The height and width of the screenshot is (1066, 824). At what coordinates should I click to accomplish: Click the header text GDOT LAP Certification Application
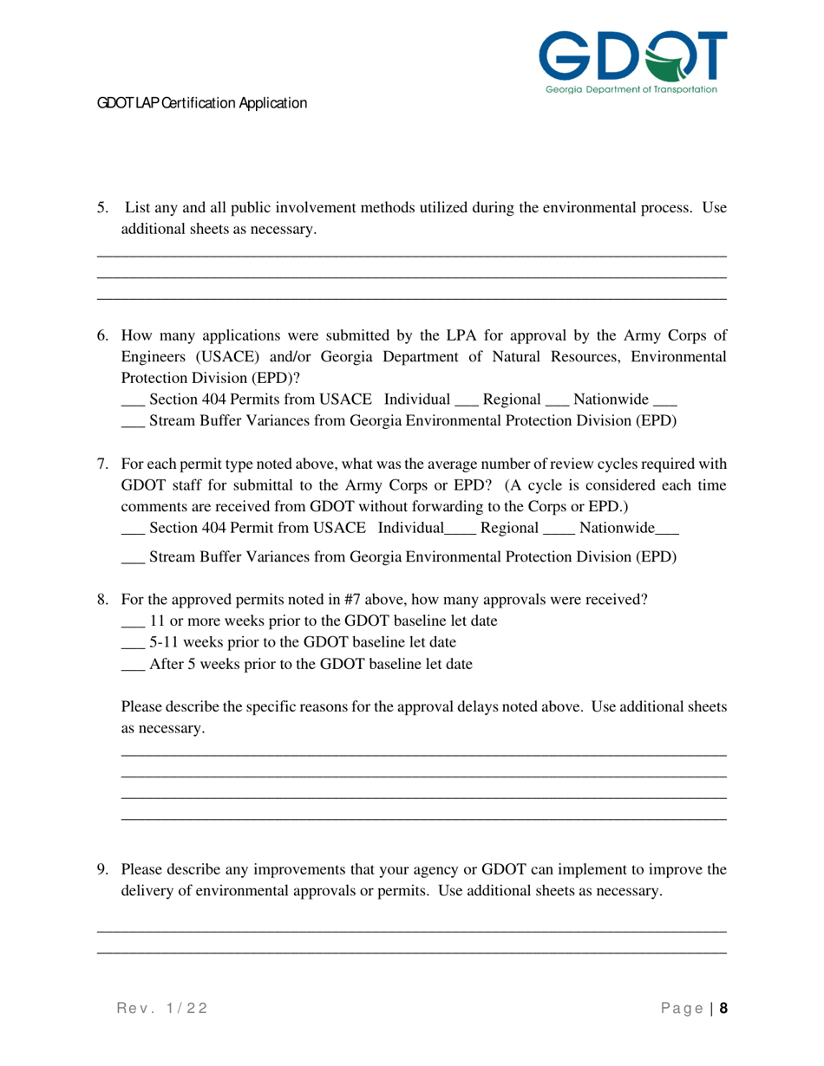[x=201, y=103]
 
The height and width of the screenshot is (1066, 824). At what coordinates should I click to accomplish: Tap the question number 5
[x=102, y=208]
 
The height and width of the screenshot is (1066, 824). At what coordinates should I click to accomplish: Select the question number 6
[x=102, y=335]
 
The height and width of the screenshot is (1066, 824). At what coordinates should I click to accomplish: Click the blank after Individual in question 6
[x=466, y=400]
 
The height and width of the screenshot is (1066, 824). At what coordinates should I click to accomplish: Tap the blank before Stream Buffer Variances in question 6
[x=132, y=422]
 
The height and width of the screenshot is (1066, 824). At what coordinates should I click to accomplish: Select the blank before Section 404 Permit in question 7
[x=132, y=528]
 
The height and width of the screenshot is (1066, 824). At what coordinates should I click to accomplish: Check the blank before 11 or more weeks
[x=132, y=621]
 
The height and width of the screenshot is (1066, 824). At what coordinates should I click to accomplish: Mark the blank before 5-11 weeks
[x=132, y=643]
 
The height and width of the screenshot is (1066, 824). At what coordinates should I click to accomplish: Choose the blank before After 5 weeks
[x=132, y=665]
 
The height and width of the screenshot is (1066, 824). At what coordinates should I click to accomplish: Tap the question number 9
[x=102, y=869]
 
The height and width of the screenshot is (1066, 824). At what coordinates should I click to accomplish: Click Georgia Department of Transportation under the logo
[x=631, y=89]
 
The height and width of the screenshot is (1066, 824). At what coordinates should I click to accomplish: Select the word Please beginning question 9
[x=142, y=869]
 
